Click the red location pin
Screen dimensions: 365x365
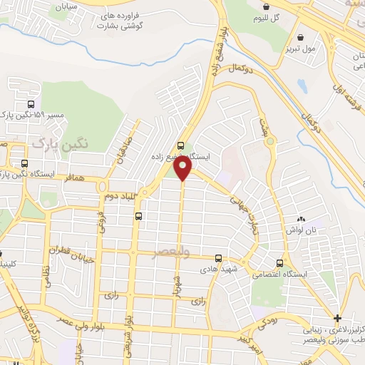pyautogui.click(x=183, y=168)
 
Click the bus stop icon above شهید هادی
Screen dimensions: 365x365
pyautogui.click(x=217, y=258)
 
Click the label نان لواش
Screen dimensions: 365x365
pyautogui.click(x=300, y=230)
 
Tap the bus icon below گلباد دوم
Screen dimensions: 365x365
pyautogui.click(x=138, y=216)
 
